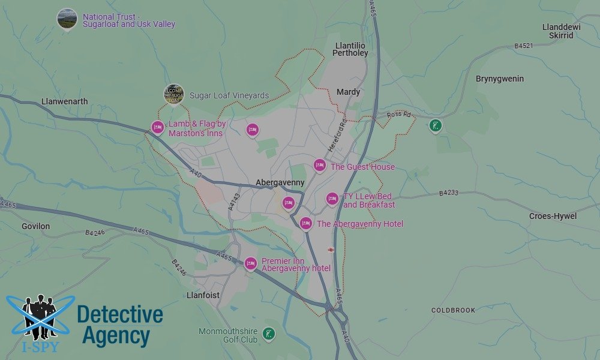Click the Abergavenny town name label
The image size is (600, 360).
coord(280,182)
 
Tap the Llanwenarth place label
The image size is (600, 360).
coord(65,101)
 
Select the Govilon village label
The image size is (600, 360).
coord(36,226)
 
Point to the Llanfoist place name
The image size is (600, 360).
coord(203,295)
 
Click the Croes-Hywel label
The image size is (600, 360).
coord(553,216)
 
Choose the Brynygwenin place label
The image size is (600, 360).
coord(500,79)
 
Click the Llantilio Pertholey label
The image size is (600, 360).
coord(352,49)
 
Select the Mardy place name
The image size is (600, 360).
coord(349,92)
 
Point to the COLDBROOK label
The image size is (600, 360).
coord(453,310)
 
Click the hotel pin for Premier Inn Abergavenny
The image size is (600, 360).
coord(251,263)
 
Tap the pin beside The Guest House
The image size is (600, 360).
coord(320,166)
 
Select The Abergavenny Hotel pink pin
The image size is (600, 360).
coord(306,223)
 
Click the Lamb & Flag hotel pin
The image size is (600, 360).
coord(157,127)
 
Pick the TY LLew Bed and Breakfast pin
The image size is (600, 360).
coord(332,199)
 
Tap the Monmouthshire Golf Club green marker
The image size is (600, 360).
coord(269,333)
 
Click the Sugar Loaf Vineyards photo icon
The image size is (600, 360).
coord(174,94)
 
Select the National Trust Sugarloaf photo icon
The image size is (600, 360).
coord(67,19)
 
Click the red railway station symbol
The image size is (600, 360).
coord(331,249)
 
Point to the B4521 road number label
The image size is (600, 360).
coord(524,46)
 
